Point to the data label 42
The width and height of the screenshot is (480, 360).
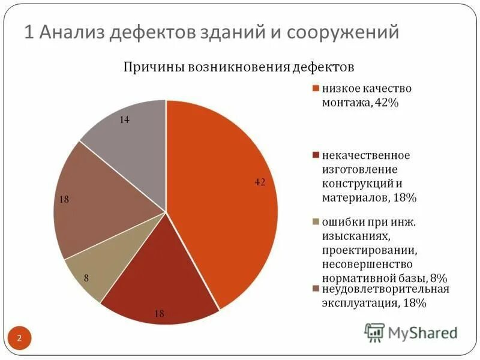(260, 182)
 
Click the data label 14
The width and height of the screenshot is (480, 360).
(124, 120)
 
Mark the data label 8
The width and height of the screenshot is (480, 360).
(86, 278)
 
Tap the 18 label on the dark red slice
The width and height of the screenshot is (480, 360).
(160, 313)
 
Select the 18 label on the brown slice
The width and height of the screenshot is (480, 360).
(64, 199)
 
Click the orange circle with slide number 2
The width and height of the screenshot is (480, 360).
(19, 339)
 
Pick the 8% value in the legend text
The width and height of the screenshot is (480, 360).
(439, 278)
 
